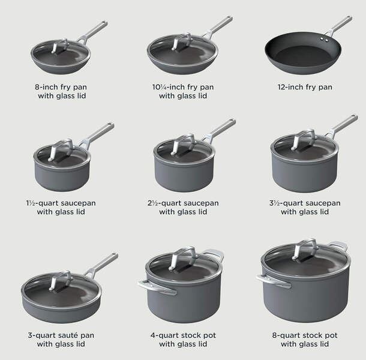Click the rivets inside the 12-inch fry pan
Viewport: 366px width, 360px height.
(x=324, y=40)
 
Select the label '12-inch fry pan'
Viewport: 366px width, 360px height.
(x=305, y=87)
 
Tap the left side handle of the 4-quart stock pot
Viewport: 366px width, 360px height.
(x=157, y=287)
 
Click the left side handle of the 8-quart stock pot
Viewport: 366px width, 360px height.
(x=274, y=280)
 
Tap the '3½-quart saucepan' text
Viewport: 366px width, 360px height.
(x=305, y=203)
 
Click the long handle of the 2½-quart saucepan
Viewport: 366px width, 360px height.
(x=220, y=131)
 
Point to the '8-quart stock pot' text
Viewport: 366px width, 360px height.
(x=305, y=335)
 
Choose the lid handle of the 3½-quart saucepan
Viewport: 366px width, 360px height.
(x=304, y=139)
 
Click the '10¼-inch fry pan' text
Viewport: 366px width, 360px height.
(x=183, y=87)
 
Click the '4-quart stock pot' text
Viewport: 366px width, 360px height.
(x=183, y=335)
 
